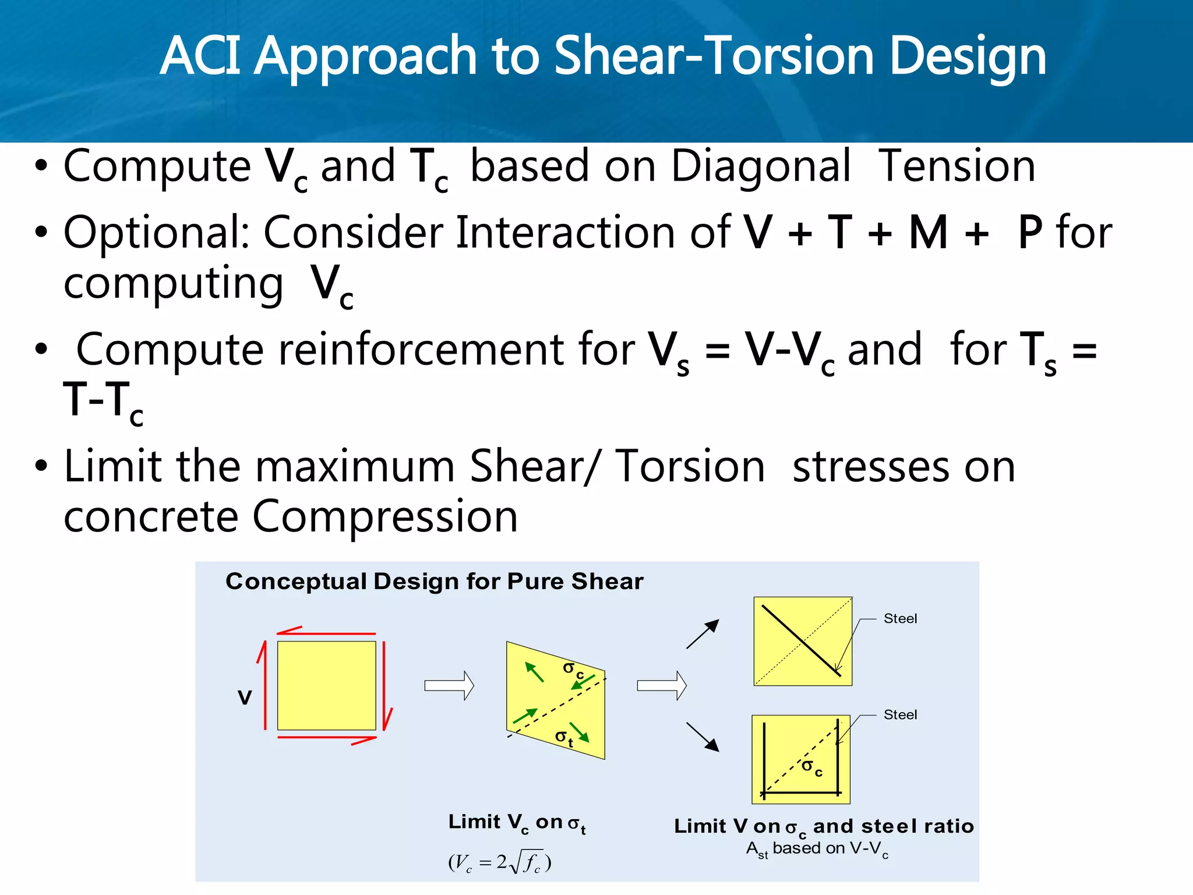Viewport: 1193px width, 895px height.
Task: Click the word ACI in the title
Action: [x=200, y=57]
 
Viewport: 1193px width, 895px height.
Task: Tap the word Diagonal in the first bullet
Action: [x=761, y=167]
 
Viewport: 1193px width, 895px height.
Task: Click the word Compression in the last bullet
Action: [x=384, y=517]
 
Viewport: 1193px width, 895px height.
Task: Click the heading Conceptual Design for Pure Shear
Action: [x=435, y=582]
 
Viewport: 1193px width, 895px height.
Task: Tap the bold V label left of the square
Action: [x=245, y=697]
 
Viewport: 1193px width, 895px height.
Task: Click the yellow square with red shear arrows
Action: [x=326, y=686]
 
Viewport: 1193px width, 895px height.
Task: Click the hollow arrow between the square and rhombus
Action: [x=449, y=685]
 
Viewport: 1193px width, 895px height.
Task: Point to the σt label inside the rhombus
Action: [x=564, y=738]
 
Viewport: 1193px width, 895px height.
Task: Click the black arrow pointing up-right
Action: [x=703, y=634]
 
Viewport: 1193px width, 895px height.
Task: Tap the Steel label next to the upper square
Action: [x=900, y=619]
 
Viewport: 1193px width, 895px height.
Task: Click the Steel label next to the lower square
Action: [x=900, y=715]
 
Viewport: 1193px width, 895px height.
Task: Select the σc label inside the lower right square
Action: [x=812, y=767]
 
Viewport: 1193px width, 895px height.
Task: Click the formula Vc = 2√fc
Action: [x=500, y=862]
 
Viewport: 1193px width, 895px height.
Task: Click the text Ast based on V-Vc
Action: [x=817, y=850]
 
